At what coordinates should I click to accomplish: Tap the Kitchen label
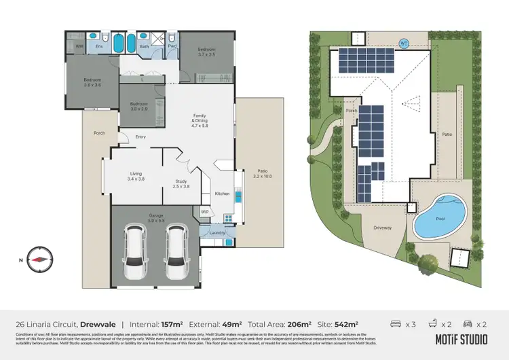[223, 194]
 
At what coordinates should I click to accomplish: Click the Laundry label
[217, 233]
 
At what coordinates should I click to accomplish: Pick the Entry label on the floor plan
[140, 137]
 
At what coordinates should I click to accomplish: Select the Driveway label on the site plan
[383, 228]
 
